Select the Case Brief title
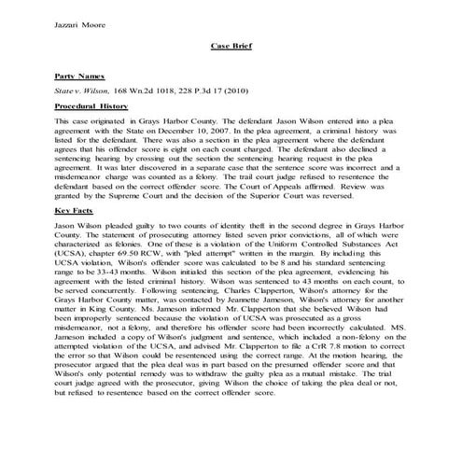(230, 44)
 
